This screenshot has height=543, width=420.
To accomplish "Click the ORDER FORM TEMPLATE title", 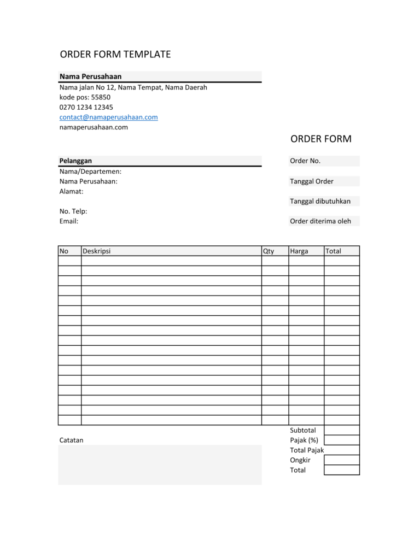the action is (115, 55).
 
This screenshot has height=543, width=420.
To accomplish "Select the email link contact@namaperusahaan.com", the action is (108, 117).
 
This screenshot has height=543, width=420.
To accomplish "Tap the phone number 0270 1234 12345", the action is (86, 107).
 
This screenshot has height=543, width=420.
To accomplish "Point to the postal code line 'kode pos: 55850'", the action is (85, 97).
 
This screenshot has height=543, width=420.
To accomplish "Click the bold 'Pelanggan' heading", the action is (75, 161).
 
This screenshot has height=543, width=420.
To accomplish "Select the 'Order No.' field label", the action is (305, 161).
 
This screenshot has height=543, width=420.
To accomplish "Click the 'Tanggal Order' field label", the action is (312, 181).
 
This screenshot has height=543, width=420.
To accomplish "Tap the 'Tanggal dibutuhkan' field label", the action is (320, 201).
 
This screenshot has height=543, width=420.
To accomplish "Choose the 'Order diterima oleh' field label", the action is (320, 221).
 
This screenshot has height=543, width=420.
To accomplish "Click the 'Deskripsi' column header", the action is (96, 251).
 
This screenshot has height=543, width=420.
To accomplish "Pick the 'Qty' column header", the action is (269, 251).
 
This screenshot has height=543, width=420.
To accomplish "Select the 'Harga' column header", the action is (299, 251).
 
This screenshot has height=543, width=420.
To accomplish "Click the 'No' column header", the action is (64, 251).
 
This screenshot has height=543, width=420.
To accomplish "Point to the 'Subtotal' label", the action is (303, 430).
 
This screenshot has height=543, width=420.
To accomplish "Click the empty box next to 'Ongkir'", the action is (342, 460).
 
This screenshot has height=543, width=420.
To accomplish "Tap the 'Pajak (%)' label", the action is (304, 440).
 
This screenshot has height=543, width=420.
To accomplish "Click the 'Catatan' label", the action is (71, 440).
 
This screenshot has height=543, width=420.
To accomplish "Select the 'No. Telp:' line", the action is (73, 211).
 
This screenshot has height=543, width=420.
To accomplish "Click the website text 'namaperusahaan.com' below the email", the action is (94, 127).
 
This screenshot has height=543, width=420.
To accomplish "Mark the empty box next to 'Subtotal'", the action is (342, 430).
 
